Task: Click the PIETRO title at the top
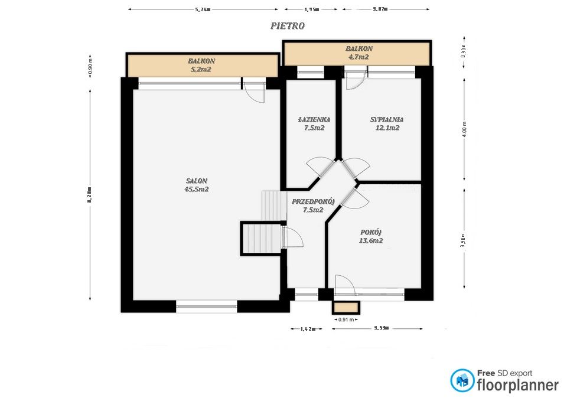point(287,26)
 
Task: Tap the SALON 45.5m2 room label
point(197,185)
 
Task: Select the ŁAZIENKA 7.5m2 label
point(313,123)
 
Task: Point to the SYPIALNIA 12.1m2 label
point(386,123)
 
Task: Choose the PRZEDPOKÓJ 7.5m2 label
point(312,206)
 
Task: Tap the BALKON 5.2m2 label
point(201,65)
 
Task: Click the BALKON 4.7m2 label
point(359,53)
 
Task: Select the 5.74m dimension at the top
point(203,9)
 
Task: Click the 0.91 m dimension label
point(346,320)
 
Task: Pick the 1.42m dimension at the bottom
point(307,328)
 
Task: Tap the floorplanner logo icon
point(461,381)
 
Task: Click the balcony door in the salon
point(254,92)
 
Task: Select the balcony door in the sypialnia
point(354,80)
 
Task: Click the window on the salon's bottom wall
point(206,305)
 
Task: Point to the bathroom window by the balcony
point(310,73)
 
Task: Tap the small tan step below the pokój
point(346,307)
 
